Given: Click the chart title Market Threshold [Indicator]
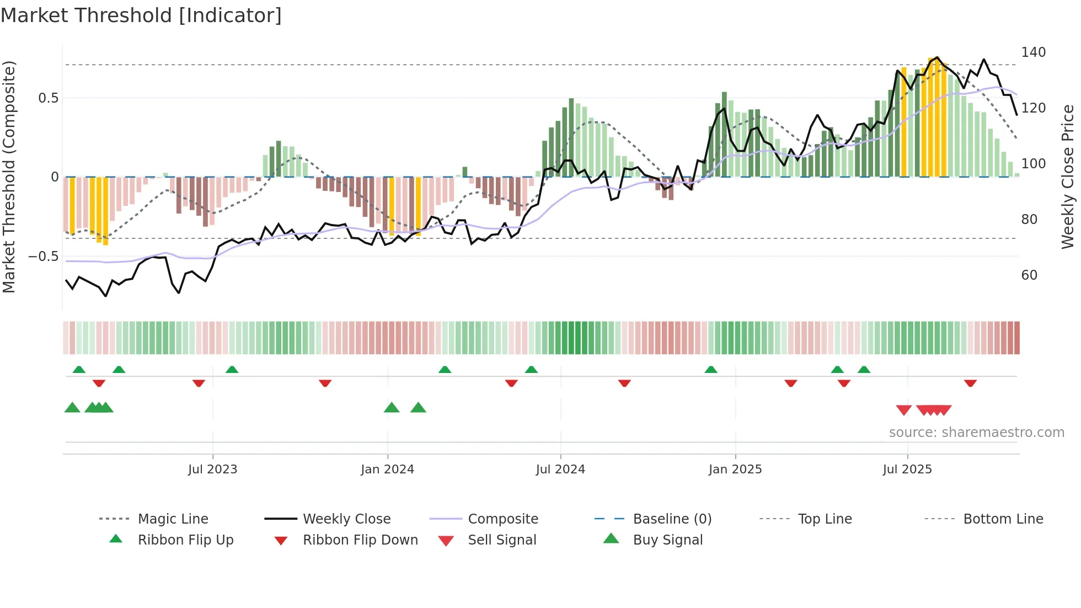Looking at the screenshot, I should pos(141,15).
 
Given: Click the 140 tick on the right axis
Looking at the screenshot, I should pos(1033,52).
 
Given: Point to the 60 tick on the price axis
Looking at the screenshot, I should pos(1029,275).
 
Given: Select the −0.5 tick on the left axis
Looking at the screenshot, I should pos(43,257).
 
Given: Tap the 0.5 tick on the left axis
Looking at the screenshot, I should pos(48,98).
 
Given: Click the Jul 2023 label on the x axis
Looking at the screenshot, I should pos(212,470).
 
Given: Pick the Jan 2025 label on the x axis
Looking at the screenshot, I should pos(735,470).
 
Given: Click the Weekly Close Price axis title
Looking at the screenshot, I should pos(1068,177).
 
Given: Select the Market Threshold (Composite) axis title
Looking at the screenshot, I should pos(9,177).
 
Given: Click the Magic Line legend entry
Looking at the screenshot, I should pos(173,519).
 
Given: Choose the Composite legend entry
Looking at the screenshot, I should pos(502,519).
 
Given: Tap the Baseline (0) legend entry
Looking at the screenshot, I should pos(672,519).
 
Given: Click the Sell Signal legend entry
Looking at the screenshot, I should pos(501,540).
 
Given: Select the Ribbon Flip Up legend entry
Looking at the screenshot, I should pos(185,540).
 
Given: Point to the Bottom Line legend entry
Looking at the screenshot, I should pos(1003,519).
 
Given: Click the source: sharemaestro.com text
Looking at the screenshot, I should pos(976,433).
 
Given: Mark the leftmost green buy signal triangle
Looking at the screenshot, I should pos(72,408).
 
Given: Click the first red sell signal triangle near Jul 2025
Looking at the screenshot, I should pos(903,410).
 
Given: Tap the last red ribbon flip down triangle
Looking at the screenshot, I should pos(970,383).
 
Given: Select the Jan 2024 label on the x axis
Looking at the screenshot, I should pos(387,470).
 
